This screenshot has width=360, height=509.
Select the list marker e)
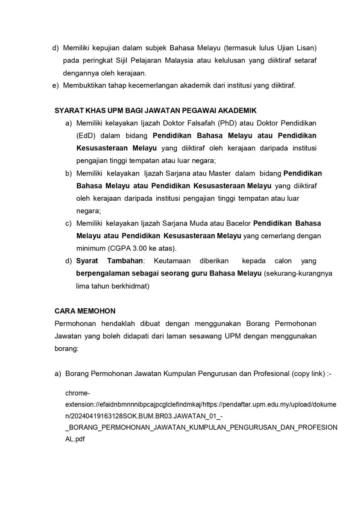pyautogui.click(x=55, y=85)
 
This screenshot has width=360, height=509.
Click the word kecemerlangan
pyautogui.click(x=155, y=85)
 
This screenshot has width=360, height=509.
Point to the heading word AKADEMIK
pyautogui.click(x=237, y=111)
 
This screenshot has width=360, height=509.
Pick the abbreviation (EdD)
pyautogui.click(x=86, y=135)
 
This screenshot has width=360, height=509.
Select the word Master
pyautogui.click(x=220, y=173)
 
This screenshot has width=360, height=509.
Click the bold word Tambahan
pyautogui.click(x=125, y=261)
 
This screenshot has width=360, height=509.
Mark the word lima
pyautogui.click(x=83, y=286)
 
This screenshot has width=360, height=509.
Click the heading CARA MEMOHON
pyautogui.click(x=85, y=311)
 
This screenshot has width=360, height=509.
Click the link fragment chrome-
pyautogui.click(x=77, y=392)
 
